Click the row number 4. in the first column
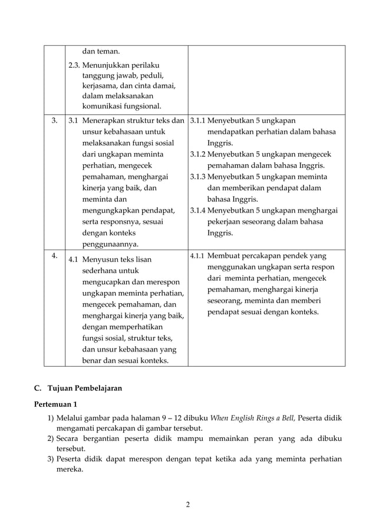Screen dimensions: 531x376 pyautogui.click(x=54, y=256)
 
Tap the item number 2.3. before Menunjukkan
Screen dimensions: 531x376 pyautogui.click(x=74, y=65)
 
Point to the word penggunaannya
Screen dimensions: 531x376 pyautogui.click(x=110, y=244)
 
